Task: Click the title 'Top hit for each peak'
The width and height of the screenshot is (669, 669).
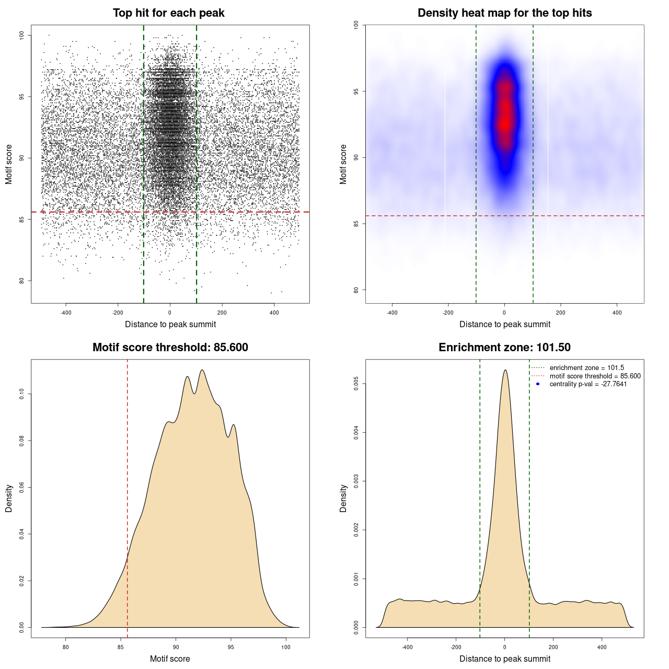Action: click(168, 13)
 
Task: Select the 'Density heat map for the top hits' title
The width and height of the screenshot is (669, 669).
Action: click(504, 13)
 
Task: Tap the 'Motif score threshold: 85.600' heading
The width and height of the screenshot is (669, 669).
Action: click(170, 348)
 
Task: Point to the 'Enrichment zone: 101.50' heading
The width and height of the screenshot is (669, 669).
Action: click(504, 348)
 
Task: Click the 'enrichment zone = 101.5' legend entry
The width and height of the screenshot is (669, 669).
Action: click(586, 368)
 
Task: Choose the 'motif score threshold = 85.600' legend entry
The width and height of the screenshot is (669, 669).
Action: click(595, 376)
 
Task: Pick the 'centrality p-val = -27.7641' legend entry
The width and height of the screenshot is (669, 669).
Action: click(588, 384)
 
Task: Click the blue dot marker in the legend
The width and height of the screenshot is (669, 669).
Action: click(538, 384)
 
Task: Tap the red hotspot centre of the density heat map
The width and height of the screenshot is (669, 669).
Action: click(505, 123)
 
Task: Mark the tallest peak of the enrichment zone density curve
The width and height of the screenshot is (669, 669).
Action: click(505, 370)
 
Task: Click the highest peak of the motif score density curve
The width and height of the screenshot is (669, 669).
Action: click(202, 370)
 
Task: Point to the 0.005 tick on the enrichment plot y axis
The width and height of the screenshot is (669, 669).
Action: click(356, 384)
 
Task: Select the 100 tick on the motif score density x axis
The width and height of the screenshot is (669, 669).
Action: click(285, 647)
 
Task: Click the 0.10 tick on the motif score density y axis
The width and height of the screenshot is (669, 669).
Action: click(21, 394)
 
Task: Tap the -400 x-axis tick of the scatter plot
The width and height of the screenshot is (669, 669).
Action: click(66, 313)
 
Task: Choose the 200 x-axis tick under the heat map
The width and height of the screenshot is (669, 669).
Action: click(561, 313)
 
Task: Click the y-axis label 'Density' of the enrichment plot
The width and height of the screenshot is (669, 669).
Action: click(343, 498)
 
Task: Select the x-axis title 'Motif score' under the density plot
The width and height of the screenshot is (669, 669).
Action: click(170, 659)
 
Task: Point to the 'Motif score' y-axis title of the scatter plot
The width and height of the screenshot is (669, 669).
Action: click(9, 164)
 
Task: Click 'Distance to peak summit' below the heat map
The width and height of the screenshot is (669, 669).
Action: click(504, 324)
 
